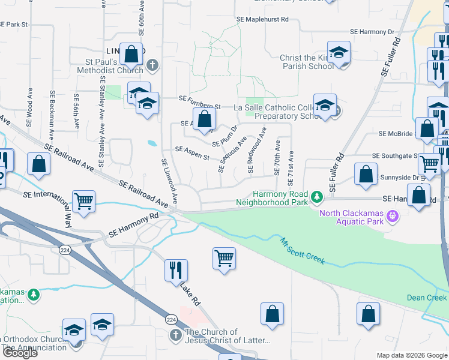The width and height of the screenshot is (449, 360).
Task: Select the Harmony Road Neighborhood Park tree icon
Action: coord(316,196)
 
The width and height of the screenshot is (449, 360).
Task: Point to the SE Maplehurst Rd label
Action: coord(263,19)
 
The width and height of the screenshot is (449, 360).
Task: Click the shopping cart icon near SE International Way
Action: coord(83,201)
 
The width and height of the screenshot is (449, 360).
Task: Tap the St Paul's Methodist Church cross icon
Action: coord(152,65)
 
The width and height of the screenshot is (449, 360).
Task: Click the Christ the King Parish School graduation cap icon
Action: coord(339,52)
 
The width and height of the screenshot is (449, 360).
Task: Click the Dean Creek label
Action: coord(427,298)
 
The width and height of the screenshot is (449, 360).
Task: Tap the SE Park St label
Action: coord(14,25)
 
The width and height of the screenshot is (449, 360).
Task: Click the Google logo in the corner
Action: coord(19,353)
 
